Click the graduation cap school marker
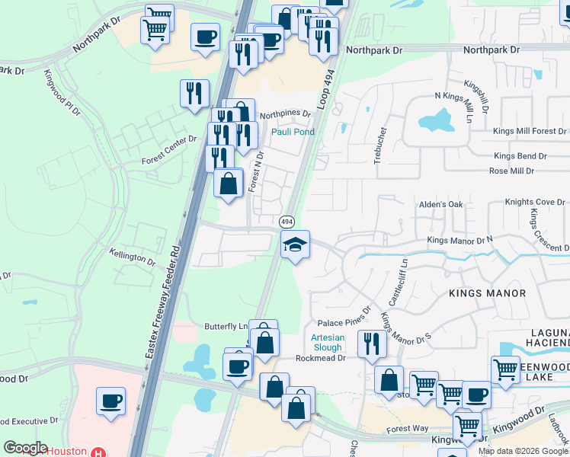[x=296, y=245]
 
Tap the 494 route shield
[x=287, y=222]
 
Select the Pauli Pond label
[x=293, y=132]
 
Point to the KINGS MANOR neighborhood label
[x=488, y=293]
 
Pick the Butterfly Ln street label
[x=226, y=326]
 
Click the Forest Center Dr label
[x=169, y=161]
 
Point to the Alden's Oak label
[x=441, y=205]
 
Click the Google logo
[x=25, y=448]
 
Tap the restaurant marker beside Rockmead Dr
[x=372, y=344]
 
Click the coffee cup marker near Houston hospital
[x=111, y=401]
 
